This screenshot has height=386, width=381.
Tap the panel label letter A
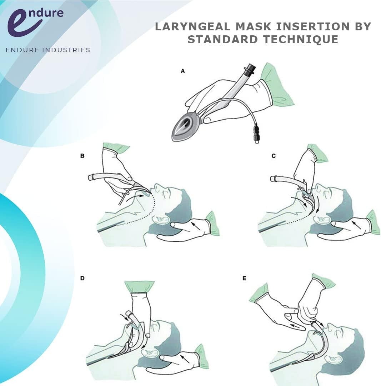coord(183,71)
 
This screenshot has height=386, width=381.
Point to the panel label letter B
coord(82,156)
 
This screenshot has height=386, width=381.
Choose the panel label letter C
coord(274,156)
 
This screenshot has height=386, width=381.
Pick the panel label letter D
coord(82,278)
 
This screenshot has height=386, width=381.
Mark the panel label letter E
coord(244,278)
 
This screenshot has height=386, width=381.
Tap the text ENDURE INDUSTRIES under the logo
coord(48,50)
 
